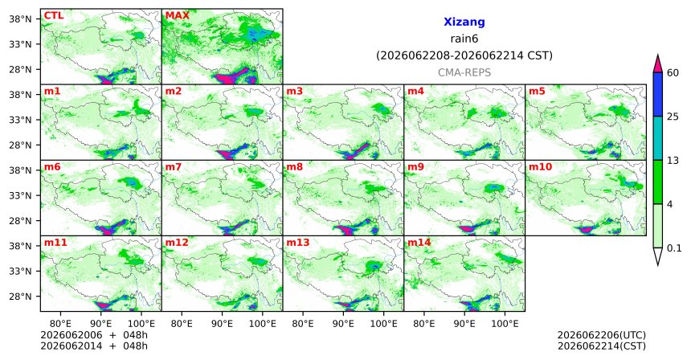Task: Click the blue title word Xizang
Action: click(464, 22)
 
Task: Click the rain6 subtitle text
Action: click(464, 39)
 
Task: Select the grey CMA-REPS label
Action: click(464, 72)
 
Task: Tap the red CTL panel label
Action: click(54, 16)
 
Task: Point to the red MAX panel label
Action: click(177, 16)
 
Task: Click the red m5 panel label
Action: click(537, 92)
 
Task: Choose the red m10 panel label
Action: click(540, 167)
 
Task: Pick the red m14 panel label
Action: click(419, 243)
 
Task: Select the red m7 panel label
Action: click(174, 167)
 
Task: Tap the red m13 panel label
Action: click(298, 243)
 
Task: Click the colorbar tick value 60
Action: click(673, 73)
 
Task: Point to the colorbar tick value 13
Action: click(673, 161)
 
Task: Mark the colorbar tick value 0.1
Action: click(674, 248)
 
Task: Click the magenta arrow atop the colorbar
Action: click(658, 64)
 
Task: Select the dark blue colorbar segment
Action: click(658, 94)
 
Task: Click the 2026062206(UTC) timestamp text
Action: click(602, 336)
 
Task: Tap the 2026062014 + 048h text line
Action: click(94, 346)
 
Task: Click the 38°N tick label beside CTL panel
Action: click(20, 19)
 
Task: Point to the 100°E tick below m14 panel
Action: click(505, 324)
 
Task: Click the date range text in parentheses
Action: click(464, 56)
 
